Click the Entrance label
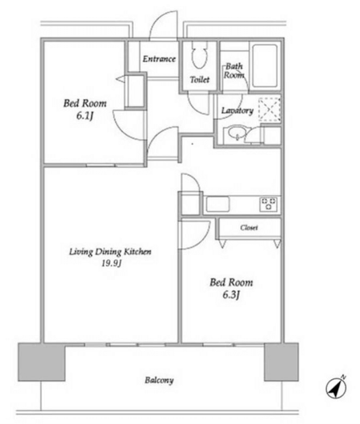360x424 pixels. click(x=159, y=59)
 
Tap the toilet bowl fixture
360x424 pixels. click(x=200, y=55)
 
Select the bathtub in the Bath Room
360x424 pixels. click(x=265, y=66)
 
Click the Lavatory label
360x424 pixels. click(x=237, y=110)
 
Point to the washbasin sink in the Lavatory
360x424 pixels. click(x=236, y=133)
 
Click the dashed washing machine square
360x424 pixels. click(x=270, y=109)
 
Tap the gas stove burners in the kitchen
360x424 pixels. click(x=269, y=205)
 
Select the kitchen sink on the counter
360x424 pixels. click(x=218, y=204)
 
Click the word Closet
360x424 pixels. click(x=249, y=228)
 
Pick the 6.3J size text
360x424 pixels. click(x=231, y=295)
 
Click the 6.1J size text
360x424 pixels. click(x=85, y=116)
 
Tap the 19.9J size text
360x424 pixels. click(x=111, y=263)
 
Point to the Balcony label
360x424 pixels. click(x=159, y=380)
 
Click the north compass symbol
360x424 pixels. click(x=336, y=388)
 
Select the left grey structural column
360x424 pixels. click(x=42, y=362)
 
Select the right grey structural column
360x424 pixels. click(x=281, y=362)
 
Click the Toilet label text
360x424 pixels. click(x=200, y=80)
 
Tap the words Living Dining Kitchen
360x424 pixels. click(x=110, y=252)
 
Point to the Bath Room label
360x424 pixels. click(x=234, y=70)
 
